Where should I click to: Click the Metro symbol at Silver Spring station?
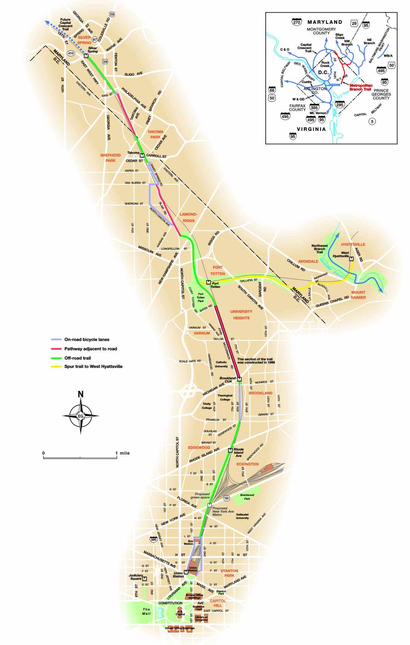tap(86, 56)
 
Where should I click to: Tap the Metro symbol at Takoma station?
tap(142, 155)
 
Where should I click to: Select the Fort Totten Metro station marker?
tap(208, 282)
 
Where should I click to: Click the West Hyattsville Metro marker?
tap(351, 259)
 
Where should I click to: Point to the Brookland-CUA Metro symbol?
tap(239, 379)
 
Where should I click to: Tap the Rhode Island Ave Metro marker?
tap(230, 451)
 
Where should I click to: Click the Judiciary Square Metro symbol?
tap(145, 579)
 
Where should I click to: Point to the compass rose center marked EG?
tap(81, 416)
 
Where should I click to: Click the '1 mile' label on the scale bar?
tap(123, 453)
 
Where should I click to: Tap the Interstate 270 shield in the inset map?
tap(297, 22)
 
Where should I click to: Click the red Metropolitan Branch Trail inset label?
tap(361, 87)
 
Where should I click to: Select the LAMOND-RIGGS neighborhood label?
tap(188, 217)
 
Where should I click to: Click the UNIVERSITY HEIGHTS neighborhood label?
tap(241, 314)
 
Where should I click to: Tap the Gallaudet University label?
tap(242, 516)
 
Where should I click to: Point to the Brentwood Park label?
tap(247, 497)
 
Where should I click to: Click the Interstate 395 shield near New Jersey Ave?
tap(153, 540)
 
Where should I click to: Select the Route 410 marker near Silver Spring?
tap(71, 53)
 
